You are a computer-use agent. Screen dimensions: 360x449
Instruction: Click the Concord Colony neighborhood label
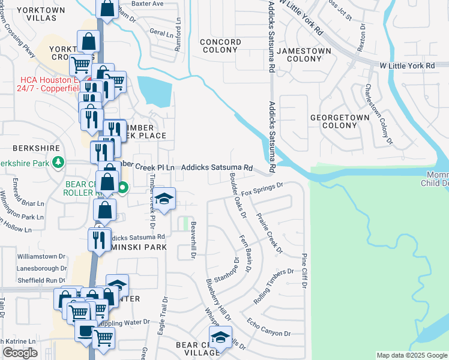point(220,46)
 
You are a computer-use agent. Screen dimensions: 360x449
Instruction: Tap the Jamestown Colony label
point(309,55)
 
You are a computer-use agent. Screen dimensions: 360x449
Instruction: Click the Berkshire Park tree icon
point(58,162)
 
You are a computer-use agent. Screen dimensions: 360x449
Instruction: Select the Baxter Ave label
point(148,4)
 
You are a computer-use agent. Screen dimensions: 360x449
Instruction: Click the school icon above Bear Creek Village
point(220,338)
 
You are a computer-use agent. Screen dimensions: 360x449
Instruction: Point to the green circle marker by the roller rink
point(122,188)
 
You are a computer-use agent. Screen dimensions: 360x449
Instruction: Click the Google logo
point(20,353)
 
